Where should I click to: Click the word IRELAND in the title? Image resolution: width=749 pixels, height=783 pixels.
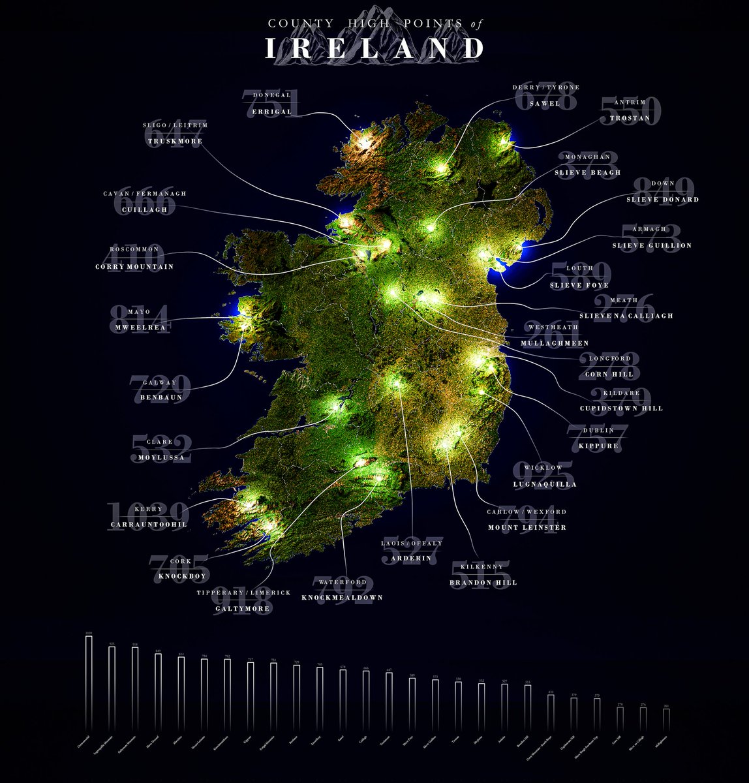click(374, 49)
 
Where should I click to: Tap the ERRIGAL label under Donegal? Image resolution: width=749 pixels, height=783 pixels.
click(271, 112)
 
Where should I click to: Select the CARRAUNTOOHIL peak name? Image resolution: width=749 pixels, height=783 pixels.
click(149, 525)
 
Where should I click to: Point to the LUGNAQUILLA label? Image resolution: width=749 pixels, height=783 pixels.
click(544, 484)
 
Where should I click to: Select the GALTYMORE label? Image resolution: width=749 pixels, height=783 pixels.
click(243, 609)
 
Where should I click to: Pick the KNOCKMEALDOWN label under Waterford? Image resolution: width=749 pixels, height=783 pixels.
click(342, 597)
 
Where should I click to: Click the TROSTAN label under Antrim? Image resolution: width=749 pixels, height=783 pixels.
click(630, 118)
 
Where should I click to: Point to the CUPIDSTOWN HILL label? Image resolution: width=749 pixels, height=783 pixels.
click(621, 408)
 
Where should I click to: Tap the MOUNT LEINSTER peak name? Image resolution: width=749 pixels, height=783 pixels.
click(527, 527)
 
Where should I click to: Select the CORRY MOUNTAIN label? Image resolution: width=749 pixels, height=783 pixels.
click(134, 266)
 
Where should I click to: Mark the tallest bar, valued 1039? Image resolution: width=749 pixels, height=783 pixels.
click(89, 671)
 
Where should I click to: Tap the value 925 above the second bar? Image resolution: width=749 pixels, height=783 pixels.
click(112, 643)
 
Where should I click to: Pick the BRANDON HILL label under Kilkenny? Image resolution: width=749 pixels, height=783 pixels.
click(483, 582)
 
